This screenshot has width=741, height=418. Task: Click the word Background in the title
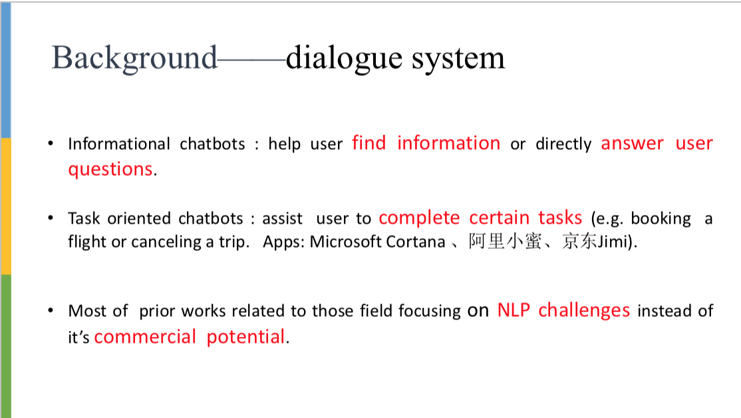[x=134, y=58]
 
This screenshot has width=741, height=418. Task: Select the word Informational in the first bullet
[x=119, y=144]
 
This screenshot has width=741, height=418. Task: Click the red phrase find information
[x=426, y=143]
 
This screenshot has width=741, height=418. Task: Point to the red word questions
[x=110, y=169]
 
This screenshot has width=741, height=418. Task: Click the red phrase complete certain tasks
[x=480, y=218]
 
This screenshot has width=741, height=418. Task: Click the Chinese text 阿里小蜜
[x=505, y=242]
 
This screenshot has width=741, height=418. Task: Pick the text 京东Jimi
[x=594, y=242]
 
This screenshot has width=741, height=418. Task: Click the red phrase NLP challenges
[x=563, y=310]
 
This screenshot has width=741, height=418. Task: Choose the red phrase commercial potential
[x=190, y=337]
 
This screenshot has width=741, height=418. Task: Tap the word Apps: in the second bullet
[x=284, y=242]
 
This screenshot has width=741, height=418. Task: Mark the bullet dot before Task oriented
[x=51, y=218]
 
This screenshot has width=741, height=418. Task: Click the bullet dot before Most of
[x=51, y=311]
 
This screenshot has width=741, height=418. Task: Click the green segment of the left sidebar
[x=5, y=346]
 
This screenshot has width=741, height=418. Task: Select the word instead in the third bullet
[x=665, y=311]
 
